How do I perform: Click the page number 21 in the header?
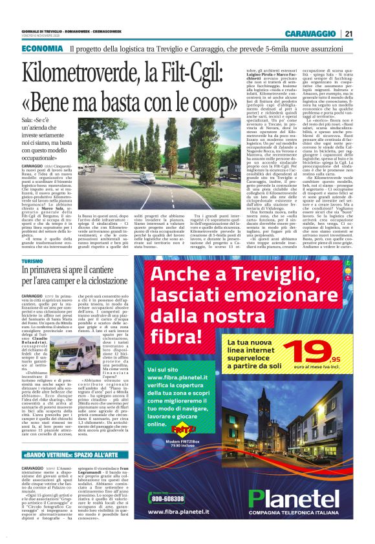coord(348,34)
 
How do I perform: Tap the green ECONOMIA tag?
coord(42,49)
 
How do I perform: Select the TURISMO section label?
coord(32,261)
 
